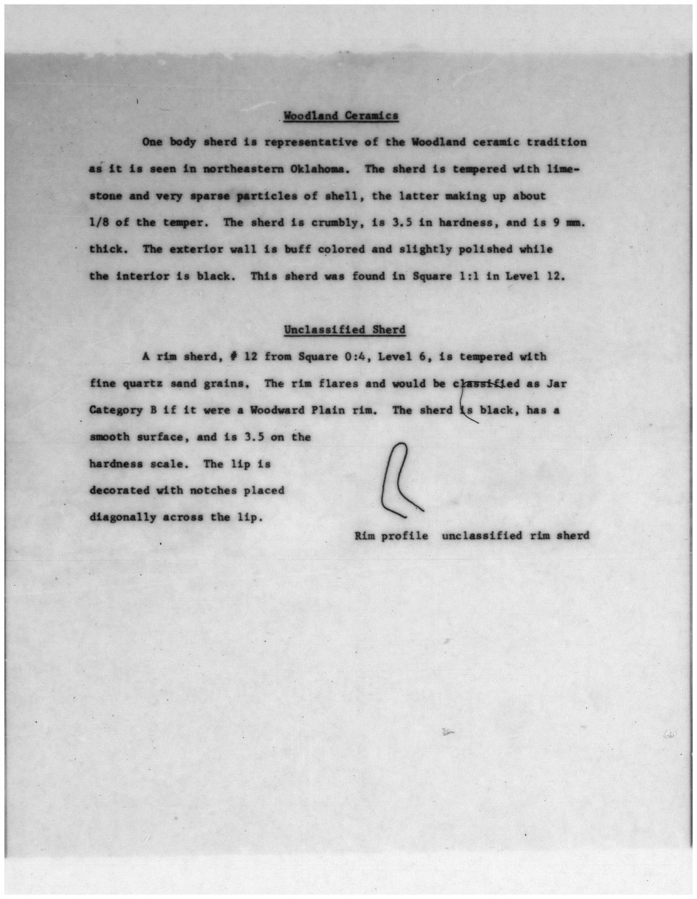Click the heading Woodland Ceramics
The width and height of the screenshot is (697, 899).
point(341,116)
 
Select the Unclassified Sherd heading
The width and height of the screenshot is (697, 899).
point(345,330)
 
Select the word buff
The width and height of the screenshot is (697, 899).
point(298,250)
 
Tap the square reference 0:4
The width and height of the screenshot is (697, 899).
point(355,357)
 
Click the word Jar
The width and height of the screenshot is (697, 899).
point(557,384)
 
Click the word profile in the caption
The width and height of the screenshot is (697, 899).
point(405,536)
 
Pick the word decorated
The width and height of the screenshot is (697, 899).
point(119,491)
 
